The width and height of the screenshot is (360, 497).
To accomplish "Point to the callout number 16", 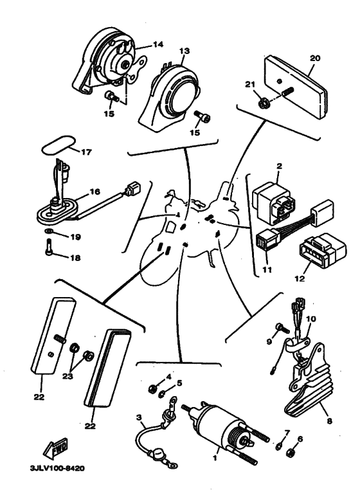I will [x=96, y=191].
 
